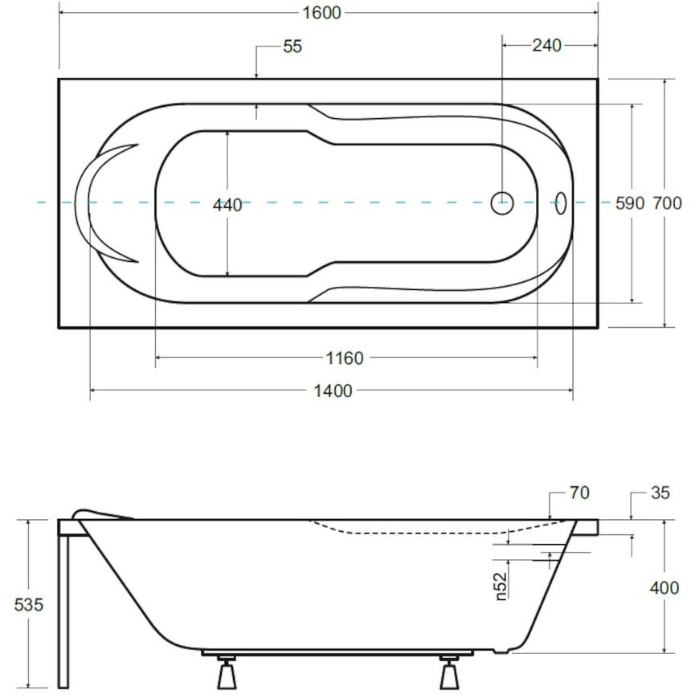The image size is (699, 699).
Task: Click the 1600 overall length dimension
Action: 321,13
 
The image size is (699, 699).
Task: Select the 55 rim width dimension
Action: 292,46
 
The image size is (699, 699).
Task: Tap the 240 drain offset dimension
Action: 546,45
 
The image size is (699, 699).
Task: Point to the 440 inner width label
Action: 227,205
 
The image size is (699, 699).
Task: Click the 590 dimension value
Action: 630,203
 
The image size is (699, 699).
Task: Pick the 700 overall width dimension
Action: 668,203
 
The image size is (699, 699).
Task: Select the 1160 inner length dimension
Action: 345,358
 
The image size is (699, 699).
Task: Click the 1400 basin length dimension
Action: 333,391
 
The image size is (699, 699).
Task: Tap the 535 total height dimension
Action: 29,604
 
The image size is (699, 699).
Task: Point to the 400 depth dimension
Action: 664,588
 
